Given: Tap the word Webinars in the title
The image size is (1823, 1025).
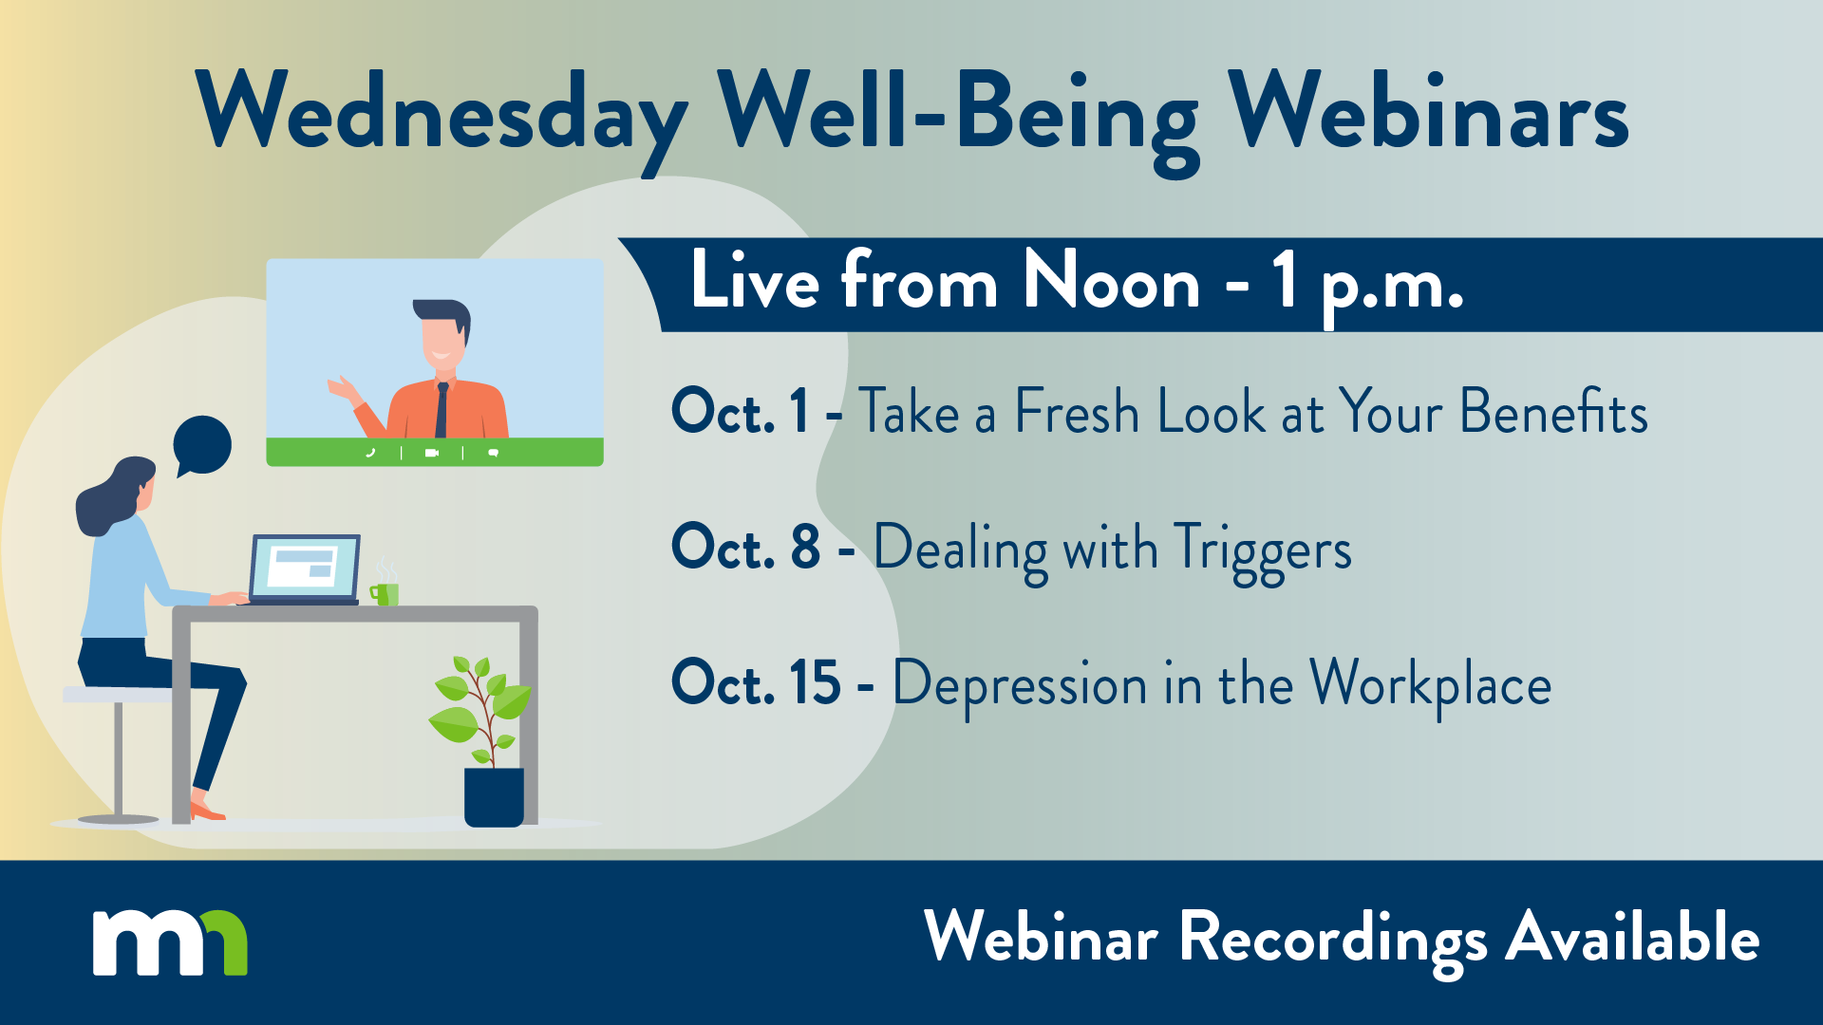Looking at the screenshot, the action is pyautogui.click(x=1428, y=111).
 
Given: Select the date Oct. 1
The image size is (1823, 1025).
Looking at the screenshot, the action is pyautogui.click(x=741, y=411).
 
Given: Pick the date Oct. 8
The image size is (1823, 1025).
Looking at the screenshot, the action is pyautogui.click(x=745, y=547).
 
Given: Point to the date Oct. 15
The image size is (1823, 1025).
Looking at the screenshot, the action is pyautogui.click(x=756, y=682).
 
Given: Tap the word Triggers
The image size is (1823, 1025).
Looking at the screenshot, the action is pyautogui.click(x=1263, y=551).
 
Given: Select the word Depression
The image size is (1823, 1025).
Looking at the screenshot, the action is pyautogui.click(x=1020, y=687).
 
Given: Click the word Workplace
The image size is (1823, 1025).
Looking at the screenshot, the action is pyautogui.click(x=1431, y=685).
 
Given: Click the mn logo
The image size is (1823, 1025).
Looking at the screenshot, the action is pyautogui.click(x=170, y=942).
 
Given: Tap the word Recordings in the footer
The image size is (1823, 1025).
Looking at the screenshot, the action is pyautogui.click(x=1333, y=940).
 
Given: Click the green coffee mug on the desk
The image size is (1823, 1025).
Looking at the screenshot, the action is pyautogui.click(x=385, y=593).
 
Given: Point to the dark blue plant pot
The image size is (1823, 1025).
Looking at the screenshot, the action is pyautogui.click(x=494, y=796).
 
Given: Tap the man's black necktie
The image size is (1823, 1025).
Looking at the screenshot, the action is pyautogui.click(x=442, y=410).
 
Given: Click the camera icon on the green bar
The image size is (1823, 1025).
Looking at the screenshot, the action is pyautogui.click(x=432, y=453).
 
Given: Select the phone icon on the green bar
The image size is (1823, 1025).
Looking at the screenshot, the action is pyautogui.click(x=370, y=453).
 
